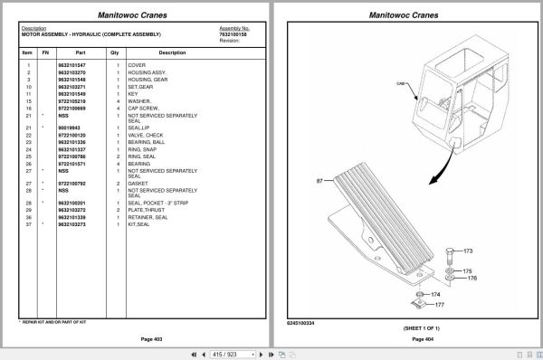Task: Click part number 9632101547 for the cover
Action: coord(71,65)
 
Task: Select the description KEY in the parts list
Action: coord(132,93)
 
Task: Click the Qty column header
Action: coord(114,53)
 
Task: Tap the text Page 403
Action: coord(140,339)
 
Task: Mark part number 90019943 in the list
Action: coord(71,128)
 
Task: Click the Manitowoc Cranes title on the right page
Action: coord(407,15)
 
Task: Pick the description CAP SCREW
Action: coord(144,108)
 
